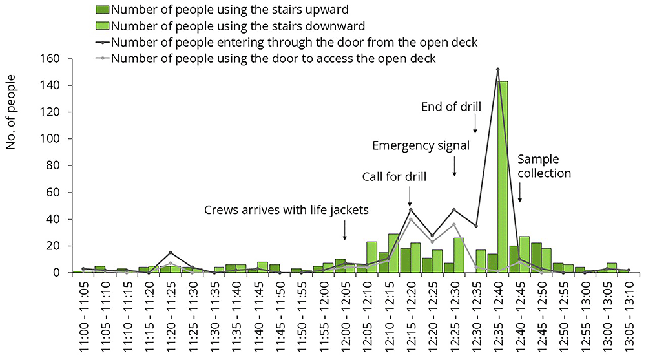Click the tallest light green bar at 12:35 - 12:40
coord(503,177)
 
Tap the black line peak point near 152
coord(497,69)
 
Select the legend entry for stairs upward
coord(222,10)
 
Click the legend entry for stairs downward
coord(231,26)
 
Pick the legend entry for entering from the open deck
coord(287,42)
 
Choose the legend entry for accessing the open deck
coord(266,58)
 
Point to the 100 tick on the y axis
coord(50,138)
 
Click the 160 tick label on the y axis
coord(50,59)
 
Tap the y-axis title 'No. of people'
coord(10,112)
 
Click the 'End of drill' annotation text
coord(451,107)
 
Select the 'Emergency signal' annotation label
coord(421,145)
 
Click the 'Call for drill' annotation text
coord(394,176)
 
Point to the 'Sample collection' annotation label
coord(544,166)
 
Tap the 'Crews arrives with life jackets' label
coord(286,210)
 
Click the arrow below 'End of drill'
coord(475,123)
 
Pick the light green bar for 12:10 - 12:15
coord(393,253)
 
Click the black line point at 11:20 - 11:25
coord(171,253)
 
